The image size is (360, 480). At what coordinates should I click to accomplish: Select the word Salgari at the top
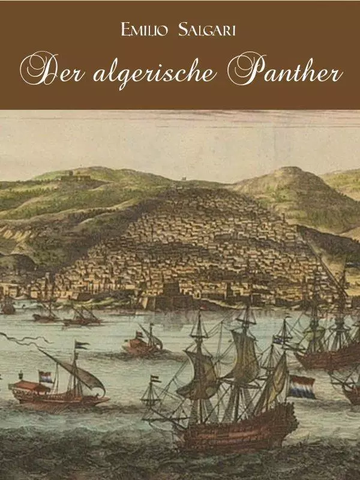[206, 29]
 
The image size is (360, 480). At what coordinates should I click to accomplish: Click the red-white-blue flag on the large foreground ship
[301, 388]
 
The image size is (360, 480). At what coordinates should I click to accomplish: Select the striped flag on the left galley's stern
[46, 377]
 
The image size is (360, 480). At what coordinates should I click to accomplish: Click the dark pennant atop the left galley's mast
[82, 345]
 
